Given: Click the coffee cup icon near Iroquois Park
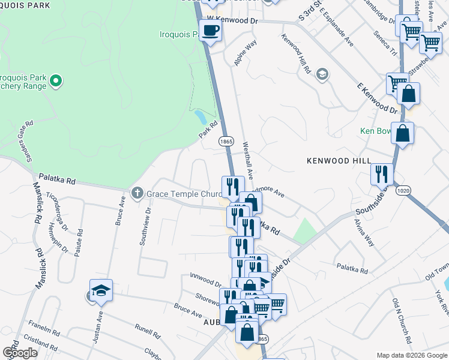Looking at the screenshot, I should coord(210,31).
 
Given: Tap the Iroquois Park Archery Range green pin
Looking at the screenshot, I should coord(56,80).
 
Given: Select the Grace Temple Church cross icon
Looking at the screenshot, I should coord(137,193).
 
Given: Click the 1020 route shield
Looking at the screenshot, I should coord(403,190).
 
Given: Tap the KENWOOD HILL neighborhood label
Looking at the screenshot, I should coord(336,161).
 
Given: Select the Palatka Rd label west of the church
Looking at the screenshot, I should coord(57,180).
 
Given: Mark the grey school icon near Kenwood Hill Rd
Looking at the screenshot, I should coord(323,74).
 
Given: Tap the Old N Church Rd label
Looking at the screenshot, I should coord(400,320).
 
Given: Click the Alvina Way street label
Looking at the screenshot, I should coord(364,232).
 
